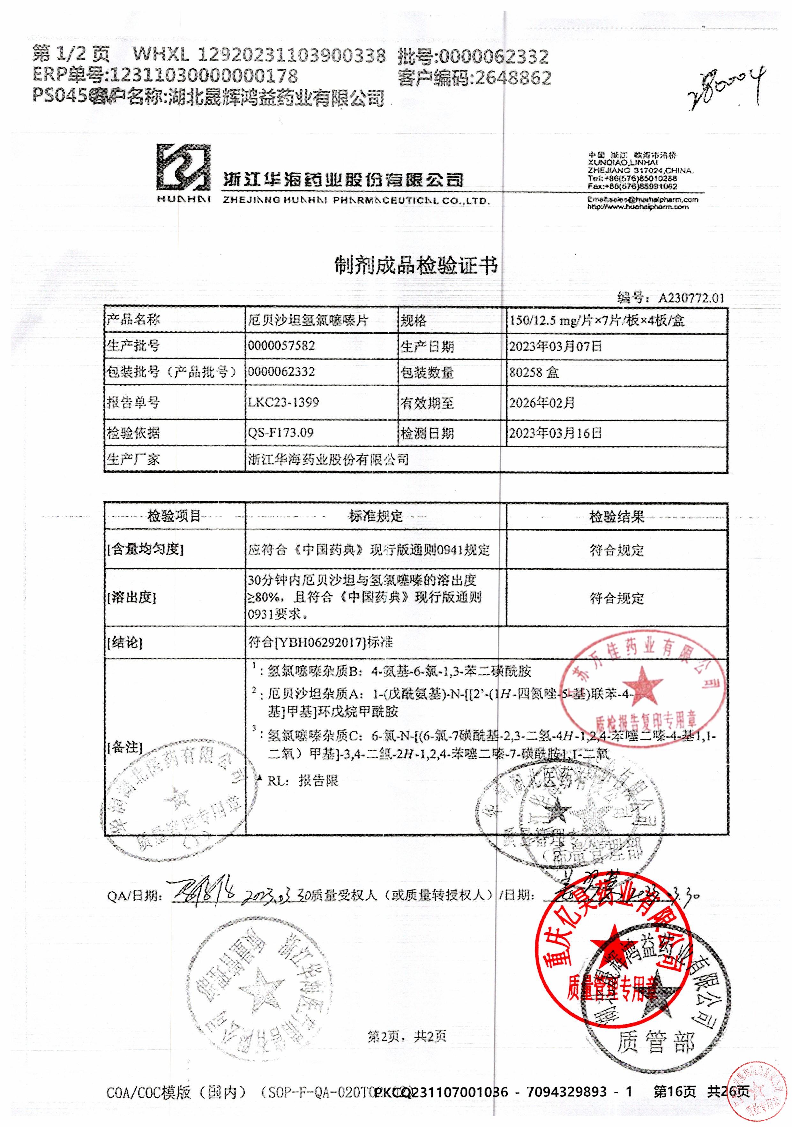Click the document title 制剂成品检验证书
[x=416, y=266]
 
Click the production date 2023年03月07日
[x=555, y=346]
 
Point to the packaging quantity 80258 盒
[x=534, y=373]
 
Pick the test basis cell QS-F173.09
[x=281, y=433]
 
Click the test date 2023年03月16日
[x=555, y=434]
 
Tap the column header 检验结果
[x=616, y=516]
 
